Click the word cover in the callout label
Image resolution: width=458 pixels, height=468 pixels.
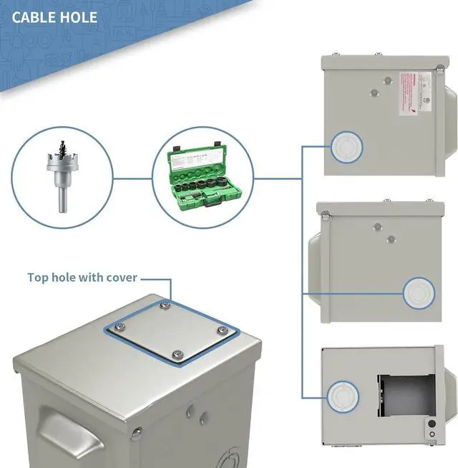point(120,277)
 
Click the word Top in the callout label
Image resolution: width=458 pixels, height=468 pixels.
point(39,277)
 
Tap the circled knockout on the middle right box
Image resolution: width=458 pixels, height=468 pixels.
point(419,294)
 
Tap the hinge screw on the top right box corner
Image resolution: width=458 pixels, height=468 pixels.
point(437,69)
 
